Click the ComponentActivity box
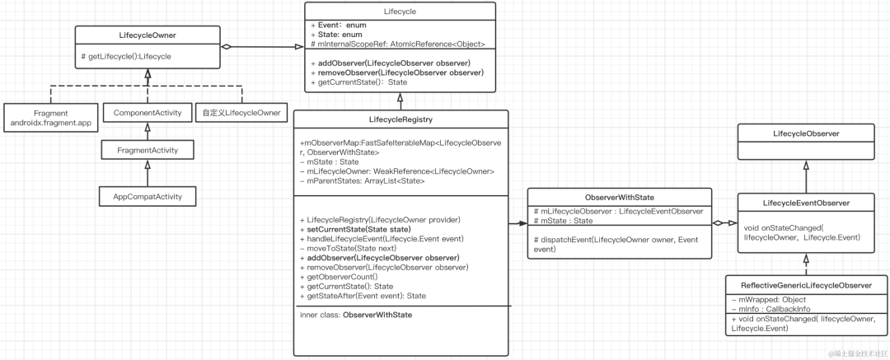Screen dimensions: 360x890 147,112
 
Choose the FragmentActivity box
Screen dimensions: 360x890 147,150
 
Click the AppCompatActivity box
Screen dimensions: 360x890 147,197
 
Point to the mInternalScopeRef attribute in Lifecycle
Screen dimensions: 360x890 398,44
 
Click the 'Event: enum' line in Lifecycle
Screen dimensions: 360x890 339,26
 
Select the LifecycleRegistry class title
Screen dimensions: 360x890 401,119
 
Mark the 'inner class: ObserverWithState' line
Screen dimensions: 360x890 356,315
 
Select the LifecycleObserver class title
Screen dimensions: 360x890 805,133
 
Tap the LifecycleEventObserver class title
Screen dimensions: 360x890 805,202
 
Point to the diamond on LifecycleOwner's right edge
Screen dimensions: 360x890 226,47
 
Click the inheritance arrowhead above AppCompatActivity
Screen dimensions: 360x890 147,165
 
